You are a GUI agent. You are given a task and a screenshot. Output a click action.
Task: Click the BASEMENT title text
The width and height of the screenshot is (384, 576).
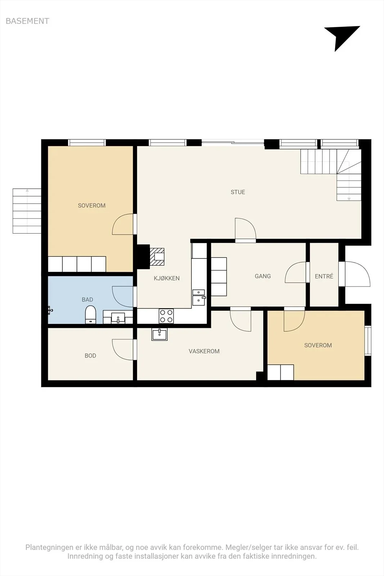[27, 21]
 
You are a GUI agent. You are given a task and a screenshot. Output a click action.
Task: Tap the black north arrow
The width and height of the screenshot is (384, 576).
[340, 36]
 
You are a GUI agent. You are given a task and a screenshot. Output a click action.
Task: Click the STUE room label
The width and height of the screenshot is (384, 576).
[238, 192]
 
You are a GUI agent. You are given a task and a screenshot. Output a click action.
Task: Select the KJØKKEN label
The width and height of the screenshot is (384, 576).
[167, 278]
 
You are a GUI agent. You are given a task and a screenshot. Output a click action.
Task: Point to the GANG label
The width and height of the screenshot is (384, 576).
[263, 276]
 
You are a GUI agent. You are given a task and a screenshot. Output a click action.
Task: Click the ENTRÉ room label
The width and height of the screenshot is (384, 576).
[324, 276]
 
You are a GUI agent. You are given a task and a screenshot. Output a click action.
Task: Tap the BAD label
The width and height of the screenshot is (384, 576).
[87, 300]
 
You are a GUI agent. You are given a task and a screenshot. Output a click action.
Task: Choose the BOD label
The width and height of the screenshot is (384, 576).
[90, 356]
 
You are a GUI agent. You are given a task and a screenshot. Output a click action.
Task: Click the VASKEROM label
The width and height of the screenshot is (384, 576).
[204, 351]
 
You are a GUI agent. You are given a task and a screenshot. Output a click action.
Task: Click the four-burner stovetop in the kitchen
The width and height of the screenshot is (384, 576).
[166, 316]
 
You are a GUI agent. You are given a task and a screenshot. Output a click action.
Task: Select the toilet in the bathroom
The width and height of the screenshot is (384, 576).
[90, 315]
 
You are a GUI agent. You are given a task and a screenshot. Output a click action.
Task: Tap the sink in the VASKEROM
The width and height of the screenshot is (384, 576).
[159, 334]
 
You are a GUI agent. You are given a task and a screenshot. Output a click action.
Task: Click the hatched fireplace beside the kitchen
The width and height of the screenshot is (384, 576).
[157, 257]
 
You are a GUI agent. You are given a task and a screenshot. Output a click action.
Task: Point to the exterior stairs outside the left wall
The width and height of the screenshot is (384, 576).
[27, 211]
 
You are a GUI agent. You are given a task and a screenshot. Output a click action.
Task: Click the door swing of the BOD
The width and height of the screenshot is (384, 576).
[123, 350]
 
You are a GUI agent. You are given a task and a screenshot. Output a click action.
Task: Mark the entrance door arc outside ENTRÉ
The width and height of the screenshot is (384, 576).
[358, 274]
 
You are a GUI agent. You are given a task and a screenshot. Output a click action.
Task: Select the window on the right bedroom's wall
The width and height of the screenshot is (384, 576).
[368, 341]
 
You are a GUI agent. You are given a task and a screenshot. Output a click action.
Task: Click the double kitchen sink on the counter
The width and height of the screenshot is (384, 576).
[199, 297]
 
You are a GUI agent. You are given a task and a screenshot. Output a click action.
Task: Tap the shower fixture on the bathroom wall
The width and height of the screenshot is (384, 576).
[50, 310]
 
